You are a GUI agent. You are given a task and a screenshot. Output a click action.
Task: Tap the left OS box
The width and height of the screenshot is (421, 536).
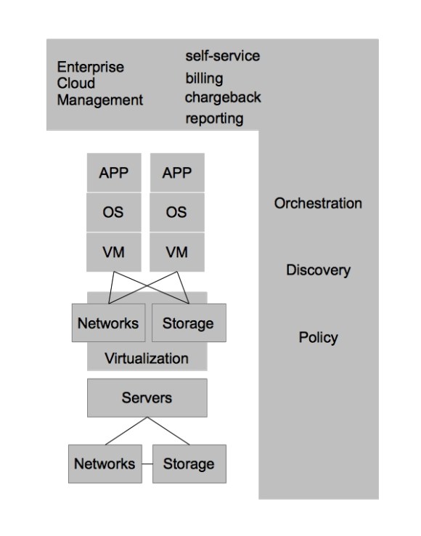click(115, 213)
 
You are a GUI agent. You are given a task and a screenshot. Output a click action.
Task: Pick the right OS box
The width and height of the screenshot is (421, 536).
click(177, 213)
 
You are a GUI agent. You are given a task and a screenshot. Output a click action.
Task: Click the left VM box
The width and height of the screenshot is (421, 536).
click(115, 252)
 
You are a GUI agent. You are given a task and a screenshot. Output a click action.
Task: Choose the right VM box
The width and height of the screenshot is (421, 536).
click(177, 252)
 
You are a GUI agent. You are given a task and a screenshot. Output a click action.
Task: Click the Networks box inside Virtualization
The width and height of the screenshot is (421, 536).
click(107, 323)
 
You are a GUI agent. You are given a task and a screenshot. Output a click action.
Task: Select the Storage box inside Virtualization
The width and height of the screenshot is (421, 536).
click(187, 323)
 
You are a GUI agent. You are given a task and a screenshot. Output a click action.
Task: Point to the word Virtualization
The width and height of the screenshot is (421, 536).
click(147, 358)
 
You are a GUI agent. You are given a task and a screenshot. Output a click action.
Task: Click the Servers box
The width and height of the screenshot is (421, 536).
click(147, 398)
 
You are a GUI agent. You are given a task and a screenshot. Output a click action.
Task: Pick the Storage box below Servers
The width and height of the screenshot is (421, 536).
click(187, 463)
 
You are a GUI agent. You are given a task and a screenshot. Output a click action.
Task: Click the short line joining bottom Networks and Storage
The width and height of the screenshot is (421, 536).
click(147, 463)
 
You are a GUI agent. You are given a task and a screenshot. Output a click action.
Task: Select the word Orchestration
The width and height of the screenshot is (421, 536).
click(317, 203)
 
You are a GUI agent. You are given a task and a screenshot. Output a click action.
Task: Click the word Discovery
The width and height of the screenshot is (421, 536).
click(317, 271)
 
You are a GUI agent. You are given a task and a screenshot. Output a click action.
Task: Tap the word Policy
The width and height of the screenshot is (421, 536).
click(318, 338)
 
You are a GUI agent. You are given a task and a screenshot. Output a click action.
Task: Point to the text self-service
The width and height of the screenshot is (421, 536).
click(221, 56)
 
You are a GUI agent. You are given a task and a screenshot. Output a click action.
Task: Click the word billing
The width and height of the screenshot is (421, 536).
click(204, 78)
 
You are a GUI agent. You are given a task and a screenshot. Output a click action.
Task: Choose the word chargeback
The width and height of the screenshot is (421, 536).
click(223, 97)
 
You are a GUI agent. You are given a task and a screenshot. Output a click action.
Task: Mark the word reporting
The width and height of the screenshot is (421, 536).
click(213, 118)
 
